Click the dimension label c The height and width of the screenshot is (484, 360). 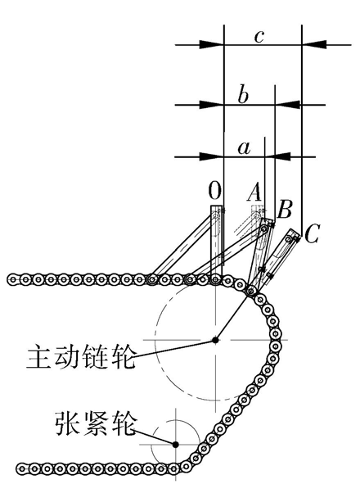click(259, 37)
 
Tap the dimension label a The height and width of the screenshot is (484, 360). click(244, 149)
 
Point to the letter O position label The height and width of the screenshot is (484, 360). click(214, 191)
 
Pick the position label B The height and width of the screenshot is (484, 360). click(285, 210)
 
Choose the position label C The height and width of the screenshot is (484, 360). click(311, 234)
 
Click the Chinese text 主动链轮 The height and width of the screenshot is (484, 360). click(81, 357)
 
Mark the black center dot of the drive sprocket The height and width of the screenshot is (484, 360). click(215, 340)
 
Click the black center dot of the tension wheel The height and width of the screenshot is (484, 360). click(175, 445)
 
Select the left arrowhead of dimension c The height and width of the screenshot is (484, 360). click(212, 44)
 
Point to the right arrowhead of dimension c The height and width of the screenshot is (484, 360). click(314, 44)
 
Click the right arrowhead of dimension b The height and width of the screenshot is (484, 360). click(287, 105)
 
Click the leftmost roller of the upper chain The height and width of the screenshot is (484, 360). click(13, 280)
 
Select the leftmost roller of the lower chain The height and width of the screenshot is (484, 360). click(21, 468)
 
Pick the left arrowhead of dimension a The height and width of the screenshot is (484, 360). click(212, 156)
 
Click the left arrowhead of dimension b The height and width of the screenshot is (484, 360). click(212, 105)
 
